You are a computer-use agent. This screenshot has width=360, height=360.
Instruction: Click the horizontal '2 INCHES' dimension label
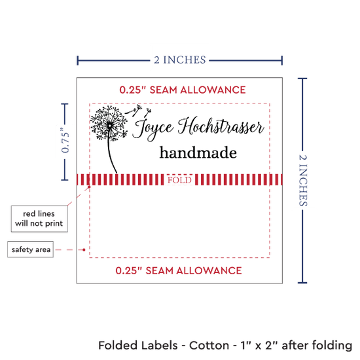coord(180,60)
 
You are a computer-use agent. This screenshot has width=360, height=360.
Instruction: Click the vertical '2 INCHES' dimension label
coord(303,180)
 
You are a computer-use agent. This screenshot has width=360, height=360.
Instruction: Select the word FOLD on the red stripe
coord(179,180)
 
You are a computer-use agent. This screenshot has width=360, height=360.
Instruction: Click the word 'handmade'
coord(198,153)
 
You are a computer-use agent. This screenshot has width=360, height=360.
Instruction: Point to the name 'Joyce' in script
coord(153,128)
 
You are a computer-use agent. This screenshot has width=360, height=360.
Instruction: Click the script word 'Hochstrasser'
coord(221,126)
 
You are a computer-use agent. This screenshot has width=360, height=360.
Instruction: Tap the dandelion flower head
coord(109,123)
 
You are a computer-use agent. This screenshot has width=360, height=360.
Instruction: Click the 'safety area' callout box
coord(31,249)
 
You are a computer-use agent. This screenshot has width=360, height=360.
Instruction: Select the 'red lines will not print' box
coord(39,219)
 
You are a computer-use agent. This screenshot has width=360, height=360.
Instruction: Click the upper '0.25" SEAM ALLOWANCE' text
coord(183,90)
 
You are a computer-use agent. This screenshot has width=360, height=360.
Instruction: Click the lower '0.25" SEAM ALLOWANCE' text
coord(179,270)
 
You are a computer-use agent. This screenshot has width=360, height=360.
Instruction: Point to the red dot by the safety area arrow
coord(84,249)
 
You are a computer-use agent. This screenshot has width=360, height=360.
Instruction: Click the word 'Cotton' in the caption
coord(209,346)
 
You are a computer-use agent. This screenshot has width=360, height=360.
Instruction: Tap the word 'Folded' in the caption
coord(138,346)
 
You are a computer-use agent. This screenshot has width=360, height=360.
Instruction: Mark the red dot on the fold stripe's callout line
coord(89,187)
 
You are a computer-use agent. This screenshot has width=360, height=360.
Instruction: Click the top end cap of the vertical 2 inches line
coord(302,79)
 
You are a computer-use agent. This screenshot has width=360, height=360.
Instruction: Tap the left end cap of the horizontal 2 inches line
coord(78,60)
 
